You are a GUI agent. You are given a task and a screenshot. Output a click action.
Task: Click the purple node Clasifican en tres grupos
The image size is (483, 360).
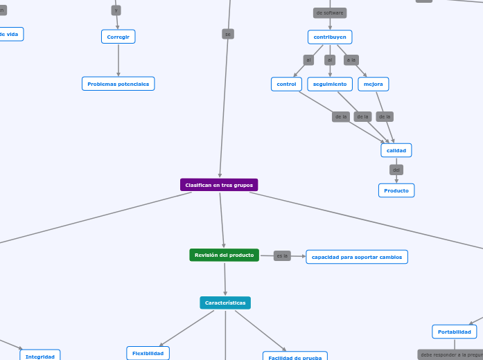[219, 185]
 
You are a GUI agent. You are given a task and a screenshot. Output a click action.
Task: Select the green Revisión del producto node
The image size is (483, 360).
[224, 255]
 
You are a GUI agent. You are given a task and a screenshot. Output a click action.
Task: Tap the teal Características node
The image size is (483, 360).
[225, 303]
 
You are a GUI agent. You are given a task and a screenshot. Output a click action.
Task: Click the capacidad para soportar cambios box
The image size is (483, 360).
[357, 257]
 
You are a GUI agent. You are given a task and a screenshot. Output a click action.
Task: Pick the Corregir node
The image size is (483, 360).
[118, 37]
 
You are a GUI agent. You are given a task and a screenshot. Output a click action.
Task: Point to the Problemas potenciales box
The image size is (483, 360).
[118, 84]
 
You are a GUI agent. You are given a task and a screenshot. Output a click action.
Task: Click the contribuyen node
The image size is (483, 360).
[330, 37]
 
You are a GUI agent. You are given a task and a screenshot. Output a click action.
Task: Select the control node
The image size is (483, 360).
[286, 84]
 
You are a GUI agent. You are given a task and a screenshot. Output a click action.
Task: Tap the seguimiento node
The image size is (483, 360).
[330, 84]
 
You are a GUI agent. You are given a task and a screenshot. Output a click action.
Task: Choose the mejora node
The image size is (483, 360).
[374, 84]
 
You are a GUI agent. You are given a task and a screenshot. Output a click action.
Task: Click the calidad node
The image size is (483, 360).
[396, 150]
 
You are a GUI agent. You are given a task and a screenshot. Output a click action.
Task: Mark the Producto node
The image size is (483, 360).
[396, 190]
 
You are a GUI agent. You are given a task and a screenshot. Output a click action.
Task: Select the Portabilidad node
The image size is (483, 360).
[455, 332]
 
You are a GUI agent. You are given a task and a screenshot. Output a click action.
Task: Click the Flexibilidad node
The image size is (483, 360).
[148, 353]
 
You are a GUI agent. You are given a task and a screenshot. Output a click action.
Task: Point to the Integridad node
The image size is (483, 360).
[40, 356]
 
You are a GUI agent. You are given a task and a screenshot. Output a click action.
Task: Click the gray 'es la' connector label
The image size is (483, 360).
[282, 255]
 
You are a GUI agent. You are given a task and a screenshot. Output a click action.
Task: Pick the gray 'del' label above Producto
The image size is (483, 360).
[396, 170]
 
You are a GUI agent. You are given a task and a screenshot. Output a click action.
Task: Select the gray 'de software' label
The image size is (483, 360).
[330, 12]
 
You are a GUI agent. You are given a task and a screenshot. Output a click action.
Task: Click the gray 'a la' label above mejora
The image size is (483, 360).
[351, 60]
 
